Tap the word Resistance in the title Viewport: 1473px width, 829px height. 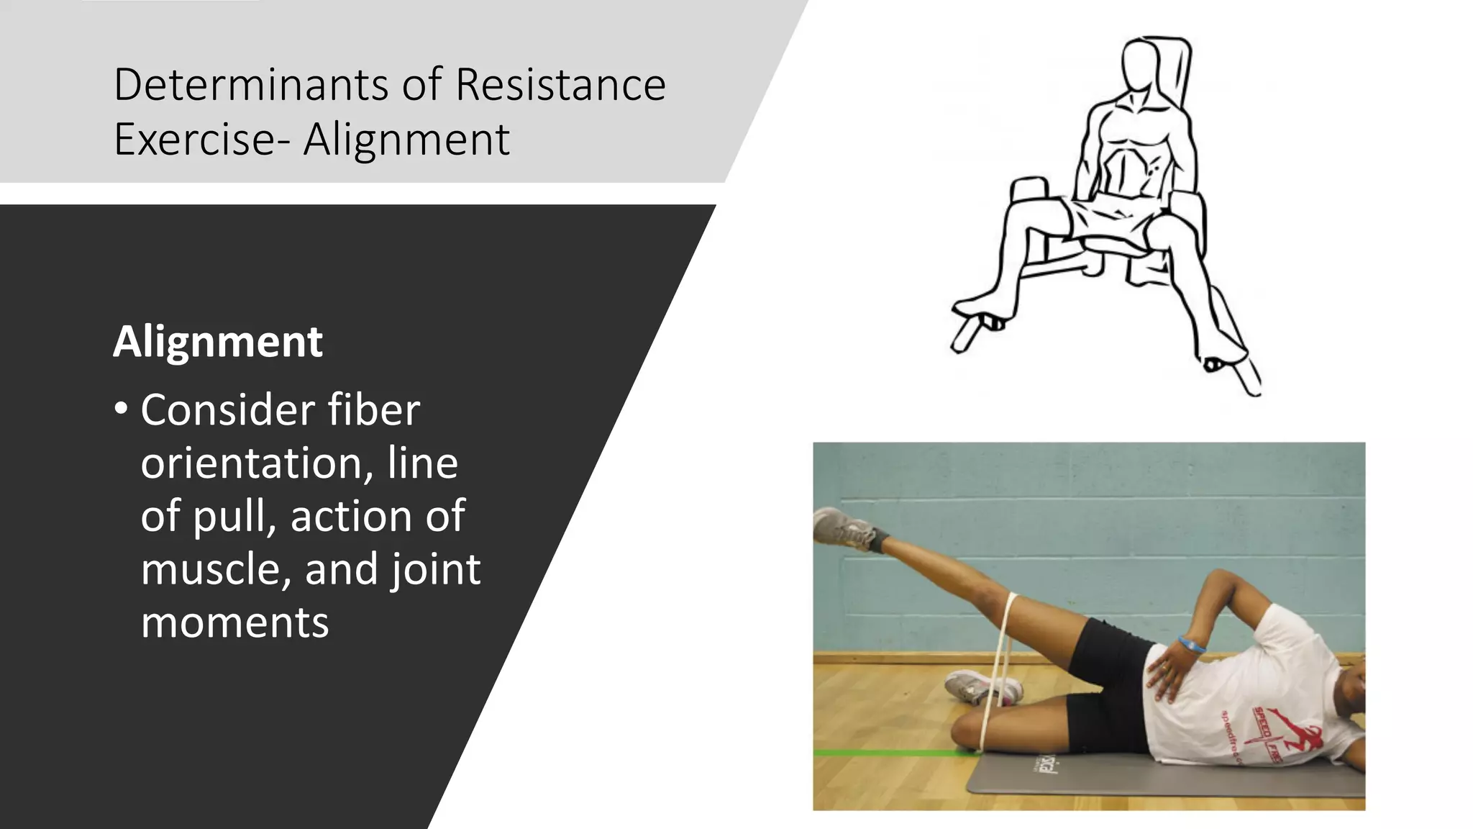[560, 85]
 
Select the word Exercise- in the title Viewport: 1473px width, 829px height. [201, 139]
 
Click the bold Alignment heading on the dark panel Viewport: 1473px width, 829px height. [218, 341]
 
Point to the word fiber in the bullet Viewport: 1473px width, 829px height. [373, 410]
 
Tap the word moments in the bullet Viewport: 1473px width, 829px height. [234, 622]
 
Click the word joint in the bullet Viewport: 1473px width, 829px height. [435, 569]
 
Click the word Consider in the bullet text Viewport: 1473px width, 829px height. [227, 410]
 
